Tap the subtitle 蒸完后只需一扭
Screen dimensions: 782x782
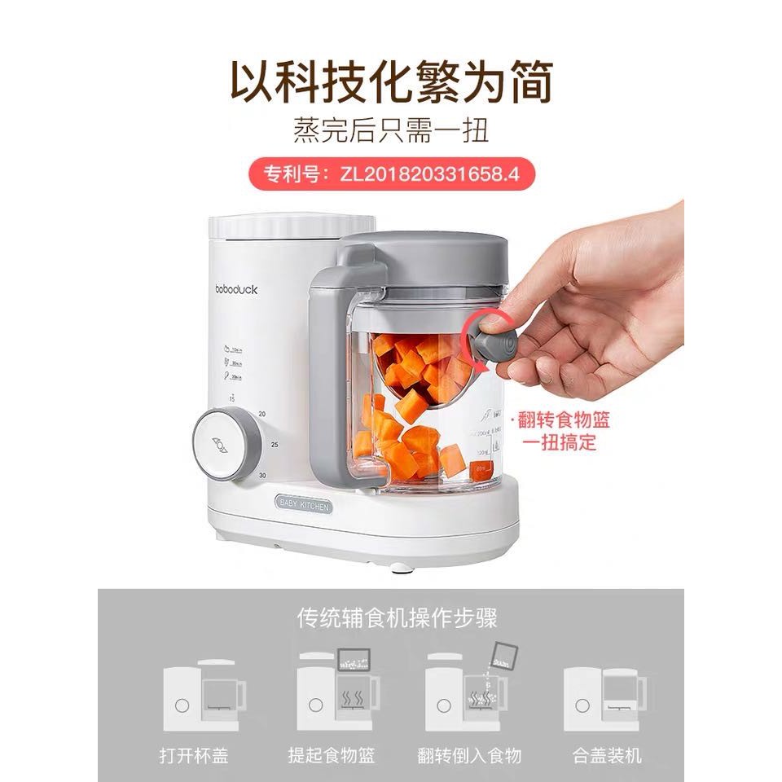(390, 130)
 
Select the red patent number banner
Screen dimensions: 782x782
(390, 173)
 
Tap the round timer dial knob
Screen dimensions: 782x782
(219, 443)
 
